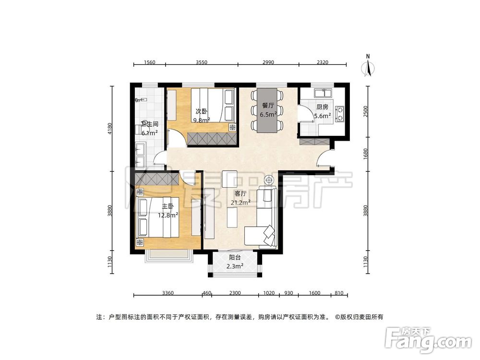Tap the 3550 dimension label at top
(202, 62)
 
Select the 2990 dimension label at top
(268, 62)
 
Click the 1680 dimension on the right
(365, 154)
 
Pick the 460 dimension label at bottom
(207, 293)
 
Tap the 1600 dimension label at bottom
(314, 293)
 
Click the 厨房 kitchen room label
(323, 107)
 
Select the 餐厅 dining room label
(268, 106)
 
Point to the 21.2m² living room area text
(241, 203)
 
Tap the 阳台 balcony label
(235, 258)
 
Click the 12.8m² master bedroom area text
(168, 215)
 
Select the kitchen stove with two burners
(339, 113)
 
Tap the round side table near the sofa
(269, 180)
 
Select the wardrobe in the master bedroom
(157, 179)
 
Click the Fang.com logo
(428, 340)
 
